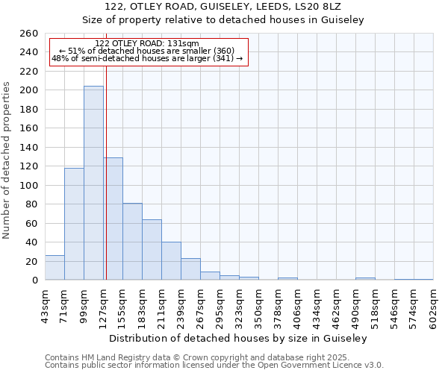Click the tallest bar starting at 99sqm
tap(93, 183)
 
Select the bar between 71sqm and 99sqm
tap(74, 224)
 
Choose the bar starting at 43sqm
tap(55, 267)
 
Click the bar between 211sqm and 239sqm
tap(171, 261)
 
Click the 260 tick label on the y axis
tap(29, 34)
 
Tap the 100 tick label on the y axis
tap(29, 185)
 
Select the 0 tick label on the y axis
tap(34, 280)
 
